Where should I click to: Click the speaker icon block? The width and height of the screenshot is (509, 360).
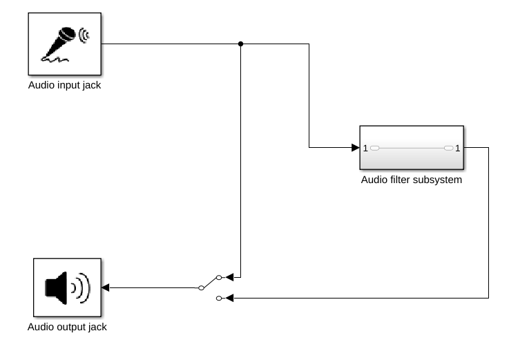coord(67,287)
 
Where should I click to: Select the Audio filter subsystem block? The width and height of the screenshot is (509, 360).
coord(411,148)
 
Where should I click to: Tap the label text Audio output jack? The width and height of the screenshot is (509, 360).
coord(67,327)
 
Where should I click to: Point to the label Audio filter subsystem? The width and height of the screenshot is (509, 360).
coord(411,180)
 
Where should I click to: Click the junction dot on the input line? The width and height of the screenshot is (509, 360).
coord(240,44)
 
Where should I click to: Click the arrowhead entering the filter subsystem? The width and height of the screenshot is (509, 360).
coord(354,148)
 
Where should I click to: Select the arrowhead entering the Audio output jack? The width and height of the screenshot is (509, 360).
coord(106,287)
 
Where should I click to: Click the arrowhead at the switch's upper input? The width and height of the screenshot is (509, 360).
coord(230,277)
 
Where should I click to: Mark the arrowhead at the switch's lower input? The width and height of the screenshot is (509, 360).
coord(230,298)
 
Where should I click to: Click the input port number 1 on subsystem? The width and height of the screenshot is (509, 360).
coord(365,148)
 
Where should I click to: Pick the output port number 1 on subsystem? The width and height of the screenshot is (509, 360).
coord(457,148)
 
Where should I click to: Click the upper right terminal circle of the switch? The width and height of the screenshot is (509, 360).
coord(219,277)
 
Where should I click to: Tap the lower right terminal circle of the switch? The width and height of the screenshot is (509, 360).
coord(219,298)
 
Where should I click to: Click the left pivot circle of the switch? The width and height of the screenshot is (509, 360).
coord(201,287)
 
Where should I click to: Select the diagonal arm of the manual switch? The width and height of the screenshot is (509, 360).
coord(209,283)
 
